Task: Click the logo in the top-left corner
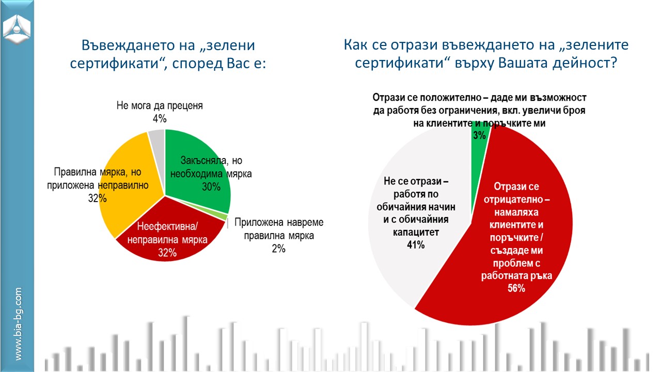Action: point(17,27)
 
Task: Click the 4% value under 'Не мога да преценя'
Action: point(159,118)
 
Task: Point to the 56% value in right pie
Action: point(516,288)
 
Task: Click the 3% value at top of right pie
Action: point(479,135)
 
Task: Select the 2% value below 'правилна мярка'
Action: point(278,249)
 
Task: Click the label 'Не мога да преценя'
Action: point(159,106)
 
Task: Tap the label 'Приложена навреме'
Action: point(278,223)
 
